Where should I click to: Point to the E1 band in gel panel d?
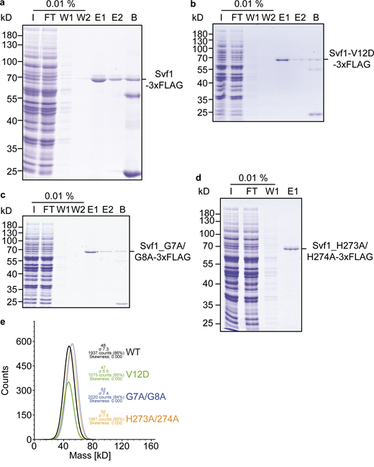pos(291,249)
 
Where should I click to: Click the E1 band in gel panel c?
pos(91,251)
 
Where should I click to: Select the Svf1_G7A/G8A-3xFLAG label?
pos(166,251)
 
